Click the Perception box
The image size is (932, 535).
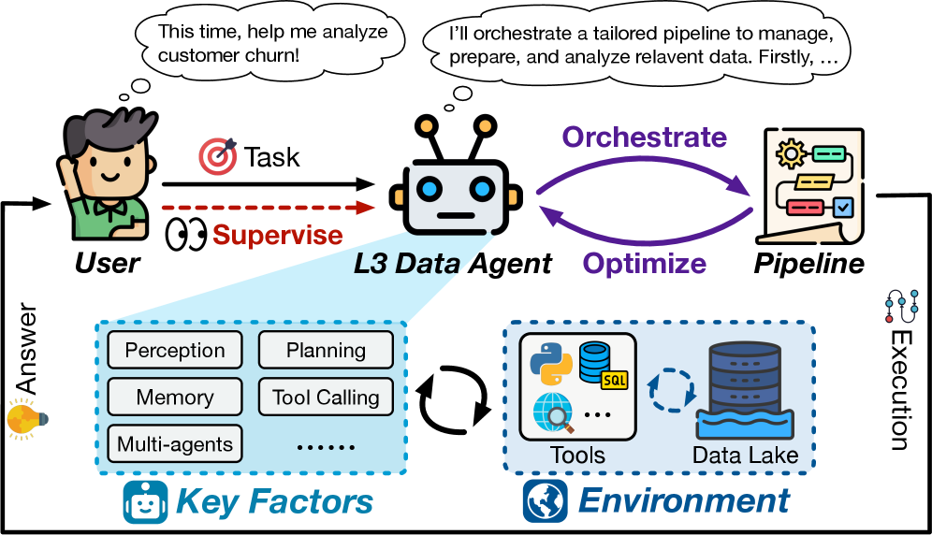pyautogui.click(x=175, y=351)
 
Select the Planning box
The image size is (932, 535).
pyautogui.click(x=326, y=351)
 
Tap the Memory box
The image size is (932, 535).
pyautogui.click(x=175, y=397)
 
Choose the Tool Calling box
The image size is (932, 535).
pyautogui.click(x=326, y=397)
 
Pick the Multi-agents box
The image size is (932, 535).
pyautogui.click(x=175, y=443)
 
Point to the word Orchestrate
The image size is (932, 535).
pyautogui.click(x=644, y=137)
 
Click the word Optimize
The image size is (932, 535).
pyautogui.click(x=644, y=263)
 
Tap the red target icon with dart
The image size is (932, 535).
pyautogui.click(x=218, y=156)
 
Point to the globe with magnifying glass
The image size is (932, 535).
pyautogui.click(x=552, y=412)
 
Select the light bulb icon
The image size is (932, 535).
pyautogui.click(x=24, y=418)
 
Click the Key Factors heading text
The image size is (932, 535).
pyautogui.click(x=274, y=501)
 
